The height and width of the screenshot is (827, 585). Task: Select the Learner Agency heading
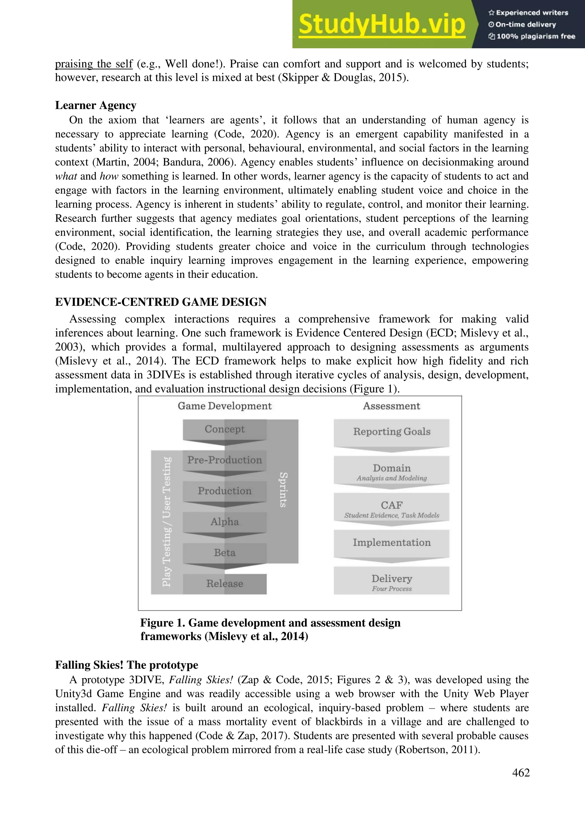point(95,105)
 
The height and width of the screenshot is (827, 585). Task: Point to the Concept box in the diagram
point(225,429)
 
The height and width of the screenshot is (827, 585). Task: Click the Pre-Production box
point(225,460)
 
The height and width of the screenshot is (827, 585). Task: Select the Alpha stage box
point(225,522)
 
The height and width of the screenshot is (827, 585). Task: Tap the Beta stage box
point(225,553)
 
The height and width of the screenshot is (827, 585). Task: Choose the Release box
point(225,584)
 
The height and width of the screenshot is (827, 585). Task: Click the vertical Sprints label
point(283,490)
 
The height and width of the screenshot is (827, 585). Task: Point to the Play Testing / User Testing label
point(167,522)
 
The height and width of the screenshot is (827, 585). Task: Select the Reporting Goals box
point(392,432)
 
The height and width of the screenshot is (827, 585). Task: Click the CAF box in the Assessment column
point(392,508)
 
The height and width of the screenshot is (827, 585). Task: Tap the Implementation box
point(392,543)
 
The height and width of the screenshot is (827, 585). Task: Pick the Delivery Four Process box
point(392,582)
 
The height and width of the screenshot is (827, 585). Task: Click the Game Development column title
point(225,406)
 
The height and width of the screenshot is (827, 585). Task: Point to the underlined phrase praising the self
point(94,64)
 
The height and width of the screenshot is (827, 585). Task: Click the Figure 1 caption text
point(270,629)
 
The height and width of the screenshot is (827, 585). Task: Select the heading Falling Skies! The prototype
point(127,665)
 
